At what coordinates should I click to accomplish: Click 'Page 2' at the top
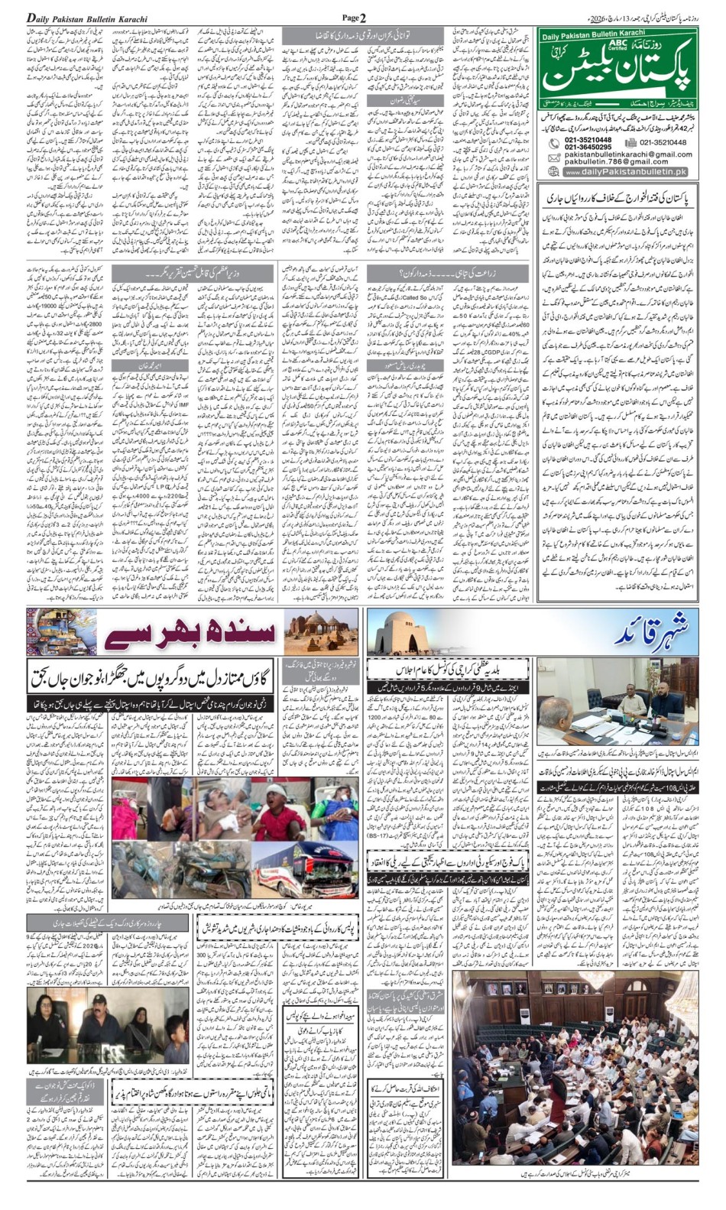point(354,18)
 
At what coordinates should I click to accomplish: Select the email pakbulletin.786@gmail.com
point(617,162)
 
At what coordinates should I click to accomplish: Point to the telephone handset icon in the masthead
point(553,144)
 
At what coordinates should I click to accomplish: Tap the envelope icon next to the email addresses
point(553,157)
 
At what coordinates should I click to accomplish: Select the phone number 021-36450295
point(588,148)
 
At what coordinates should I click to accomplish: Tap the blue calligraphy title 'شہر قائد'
point(650,633)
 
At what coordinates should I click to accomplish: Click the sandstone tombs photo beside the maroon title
point(320,631)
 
